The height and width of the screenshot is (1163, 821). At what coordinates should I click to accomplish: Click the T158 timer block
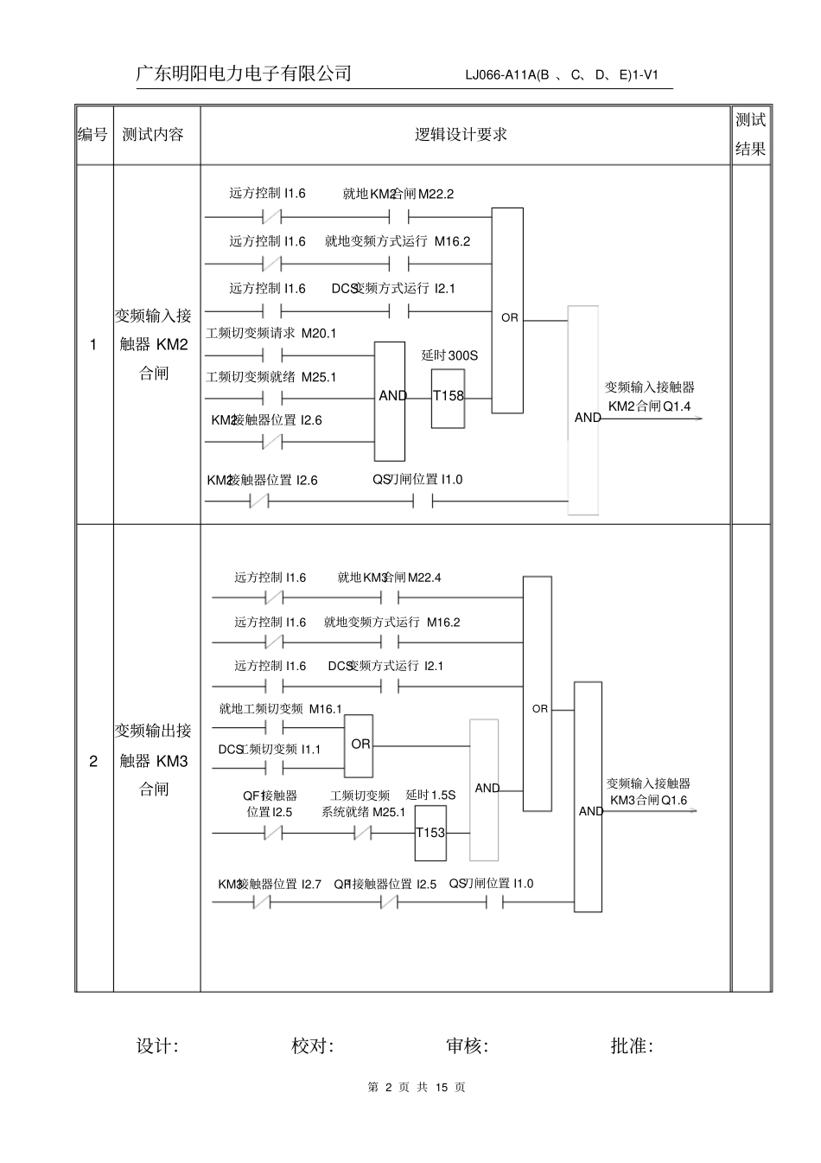(448, 398)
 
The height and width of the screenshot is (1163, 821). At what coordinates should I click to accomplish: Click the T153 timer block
(430, 833)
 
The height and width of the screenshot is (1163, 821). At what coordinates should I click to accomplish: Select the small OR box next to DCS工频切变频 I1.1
(360, 744)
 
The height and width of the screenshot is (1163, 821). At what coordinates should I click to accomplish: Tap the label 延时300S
(449, 355)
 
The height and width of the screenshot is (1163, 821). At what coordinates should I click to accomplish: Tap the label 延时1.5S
(430, 795)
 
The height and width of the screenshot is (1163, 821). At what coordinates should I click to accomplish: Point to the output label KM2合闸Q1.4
(649, 406)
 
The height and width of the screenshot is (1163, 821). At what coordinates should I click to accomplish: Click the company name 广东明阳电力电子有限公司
(244, 73)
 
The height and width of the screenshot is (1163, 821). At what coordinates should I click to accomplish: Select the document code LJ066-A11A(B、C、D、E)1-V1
(562, 75)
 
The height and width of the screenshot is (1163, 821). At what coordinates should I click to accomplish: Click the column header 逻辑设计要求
(461, 135)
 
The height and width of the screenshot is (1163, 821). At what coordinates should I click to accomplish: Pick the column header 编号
(93, 135)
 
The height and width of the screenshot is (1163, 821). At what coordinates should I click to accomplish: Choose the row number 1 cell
(93, 345)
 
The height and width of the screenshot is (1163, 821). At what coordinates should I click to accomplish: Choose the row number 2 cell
(93, 762)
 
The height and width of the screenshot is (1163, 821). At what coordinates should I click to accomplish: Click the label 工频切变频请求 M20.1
(270, 333)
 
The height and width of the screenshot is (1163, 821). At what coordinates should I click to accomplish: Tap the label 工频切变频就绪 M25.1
(270, 377)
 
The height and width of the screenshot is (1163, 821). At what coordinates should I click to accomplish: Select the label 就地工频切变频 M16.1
(280, 709)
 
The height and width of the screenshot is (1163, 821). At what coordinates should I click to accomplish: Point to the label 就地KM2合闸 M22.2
(398, 195)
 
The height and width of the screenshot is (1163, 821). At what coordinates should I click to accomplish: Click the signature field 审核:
(467, 1046)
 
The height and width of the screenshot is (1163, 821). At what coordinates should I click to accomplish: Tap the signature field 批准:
(632, 1046)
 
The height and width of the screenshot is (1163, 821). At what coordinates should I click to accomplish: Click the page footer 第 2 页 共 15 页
(417, 1088)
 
